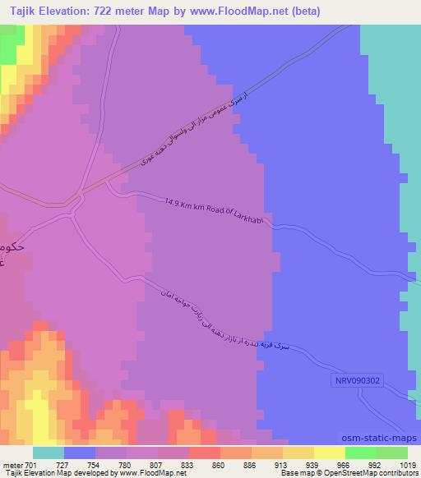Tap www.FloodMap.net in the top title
click(x=238, y=11)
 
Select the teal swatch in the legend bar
click(x=49, y=453)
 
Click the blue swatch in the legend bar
click(x=80, y=453)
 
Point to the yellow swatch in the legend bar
click(x=330, y=453)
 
